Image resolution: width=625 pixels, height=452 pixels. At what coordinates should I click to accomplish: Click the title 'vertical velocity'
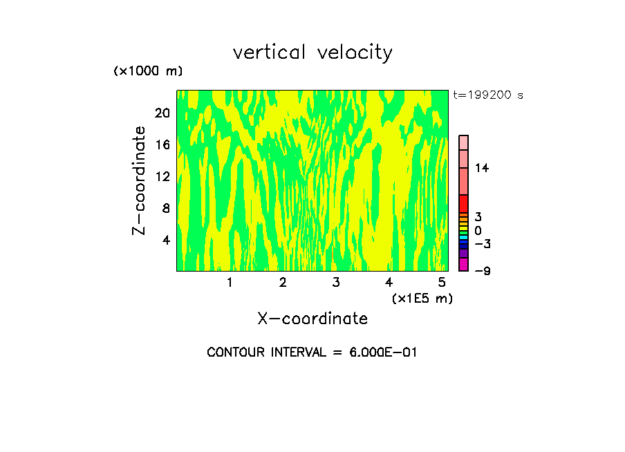[312, 53]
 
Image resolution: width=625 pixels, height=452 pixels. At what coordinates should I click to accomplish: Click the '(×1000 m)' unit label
[147, 72]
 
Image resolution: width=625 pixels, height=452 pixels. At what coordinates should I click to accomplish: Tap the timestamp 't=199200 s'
[488, 95]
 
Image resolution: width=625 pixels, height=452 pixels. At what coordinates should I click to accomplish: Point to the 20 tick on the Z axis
[161, 113]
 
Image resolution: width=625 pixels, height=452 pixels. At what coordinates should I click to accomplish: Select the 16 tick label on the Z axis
[161, 145]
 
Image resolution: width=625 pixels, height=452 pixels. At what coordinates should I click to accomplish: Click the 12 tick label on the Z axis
[161, 177]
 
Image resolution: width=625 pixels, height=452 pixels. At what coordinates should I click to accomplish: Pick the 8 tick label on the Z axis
[165, 209]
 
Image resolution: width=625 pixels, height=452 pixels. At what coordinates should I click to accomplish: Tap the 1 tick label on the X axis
[230, 283]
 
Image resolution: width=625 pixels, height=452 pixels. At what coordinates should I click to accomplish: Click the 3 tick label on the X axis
[336, 283]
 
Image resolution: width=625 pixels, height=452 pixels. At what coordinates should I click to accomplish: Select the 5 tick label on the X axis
[442, 283]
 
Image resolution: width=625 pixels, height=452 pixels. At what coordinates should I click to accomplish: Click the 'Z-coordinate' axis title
[140, 180]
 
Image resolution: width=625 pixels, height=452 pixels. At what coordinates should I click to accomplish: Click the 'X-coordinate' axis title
[312, 319]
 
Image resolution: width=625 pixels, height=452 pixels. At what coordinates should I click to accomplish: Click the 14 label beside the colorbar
[482, 168]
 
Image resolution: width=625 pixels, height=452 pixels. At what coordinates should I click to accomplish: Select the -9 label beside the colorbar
[482, 271]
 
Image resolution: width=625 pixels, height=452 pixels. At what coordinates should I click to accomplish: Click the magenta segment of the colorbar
[464, 265]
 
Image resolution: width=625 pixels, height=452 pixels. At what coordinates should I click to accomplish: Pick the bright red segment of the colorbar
[464, 204]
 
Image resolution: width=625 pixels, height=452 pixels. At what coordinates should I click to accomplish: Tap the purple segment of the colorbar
[464, 254]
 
